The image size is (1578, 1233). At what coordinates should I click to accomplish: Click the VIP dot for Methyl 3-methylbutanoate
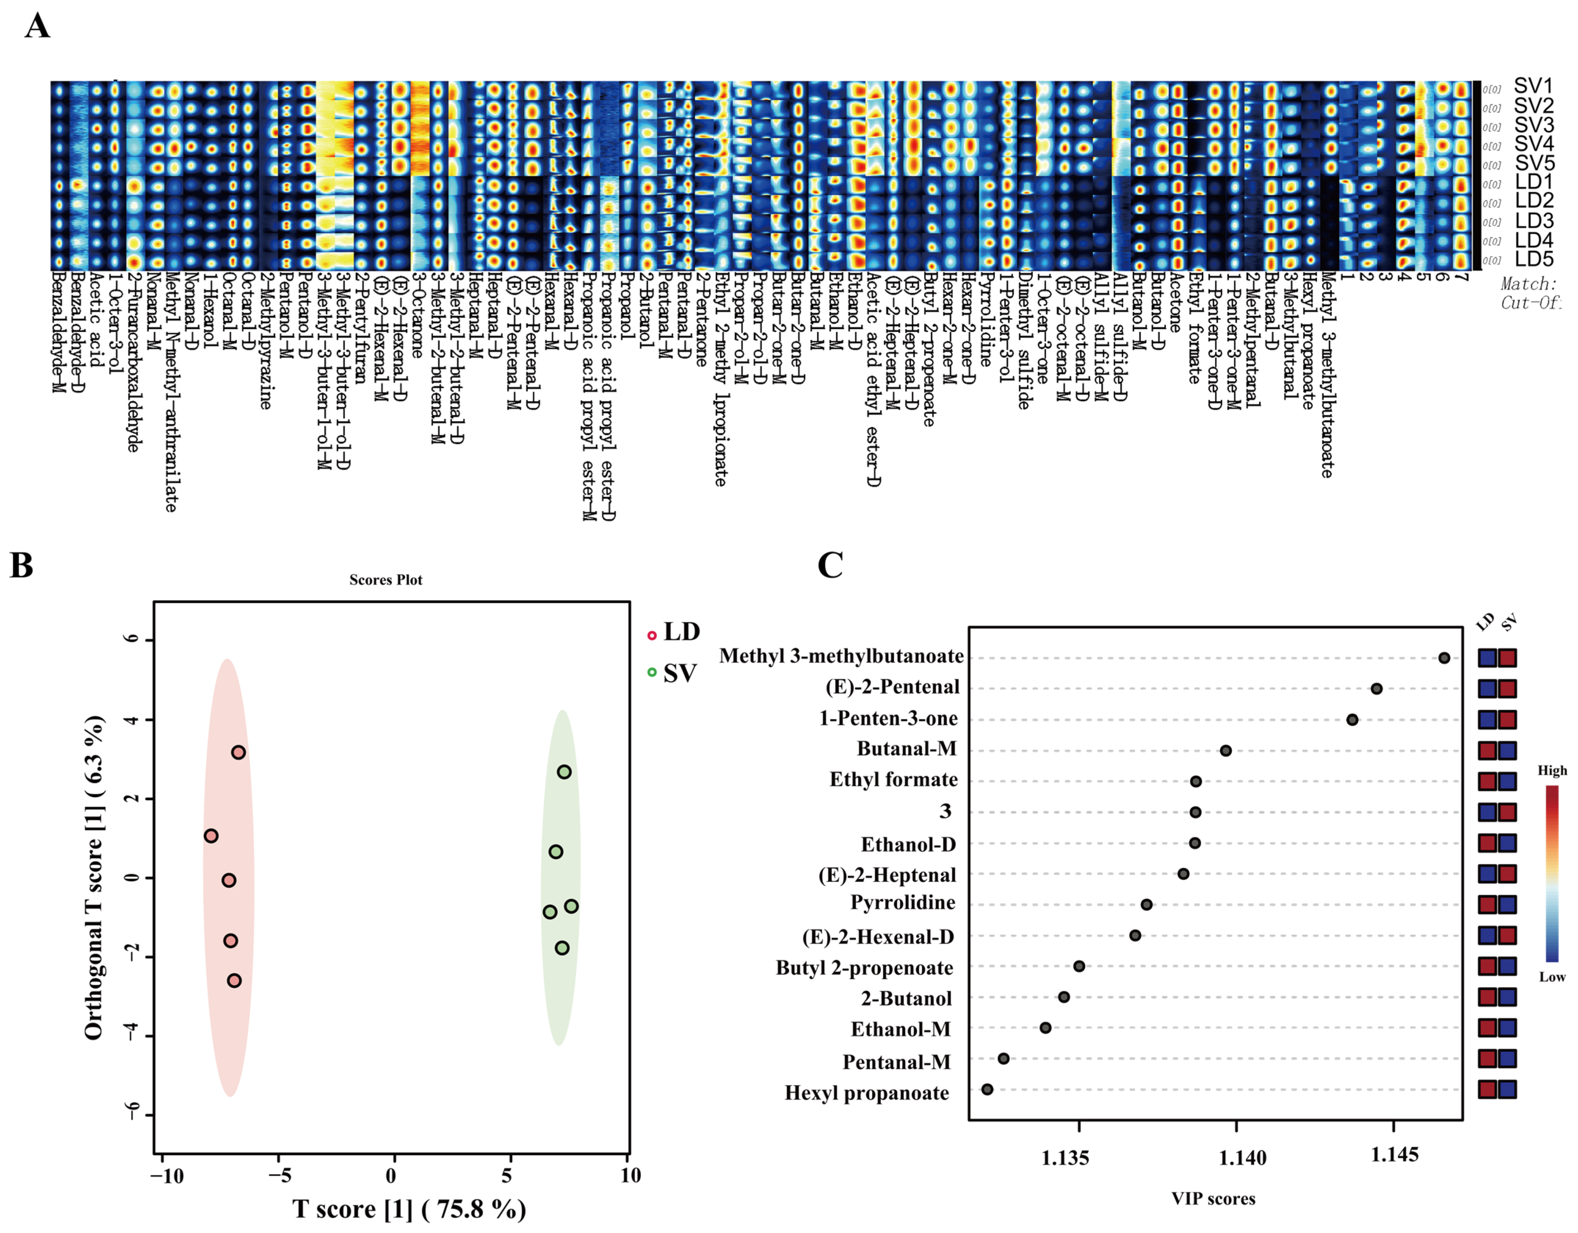pyautogui.click(x=1444, y=657)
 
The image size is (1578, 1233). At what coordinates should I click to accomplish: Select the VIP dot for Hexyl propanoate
pyautogui.click(x=987, y=1088)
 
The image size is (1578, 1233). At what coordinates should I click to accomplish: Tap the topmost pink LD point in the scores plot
pyautogui.click(x=239, y=752)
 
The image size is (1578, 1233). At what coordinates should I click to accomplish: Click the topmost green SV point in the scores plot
pyautogui.click(x=564, y=771)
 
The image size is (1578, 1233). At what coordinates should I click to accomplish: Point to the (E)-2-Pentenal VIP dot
pyautogui.click(x=1376, y=688)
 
